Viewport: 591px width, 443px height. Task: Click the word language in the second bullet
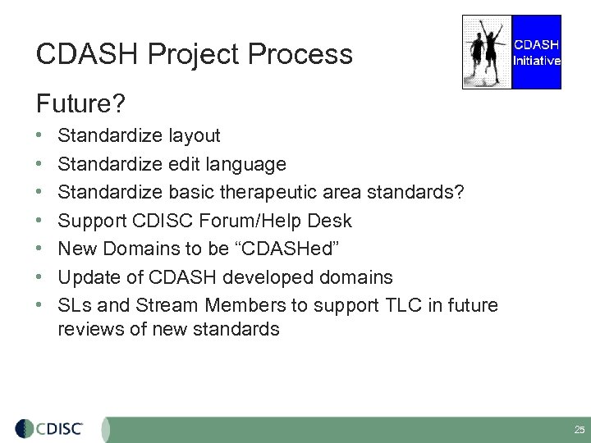[x=246, y=164]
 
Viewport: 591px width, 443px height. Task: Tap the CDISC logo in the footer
[x=54, y=428]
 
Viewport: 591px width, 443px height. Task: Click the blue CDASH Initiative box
[x=537, y=51]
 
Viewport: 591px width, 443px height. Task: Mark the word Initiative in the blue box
[x=537, y=60]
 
